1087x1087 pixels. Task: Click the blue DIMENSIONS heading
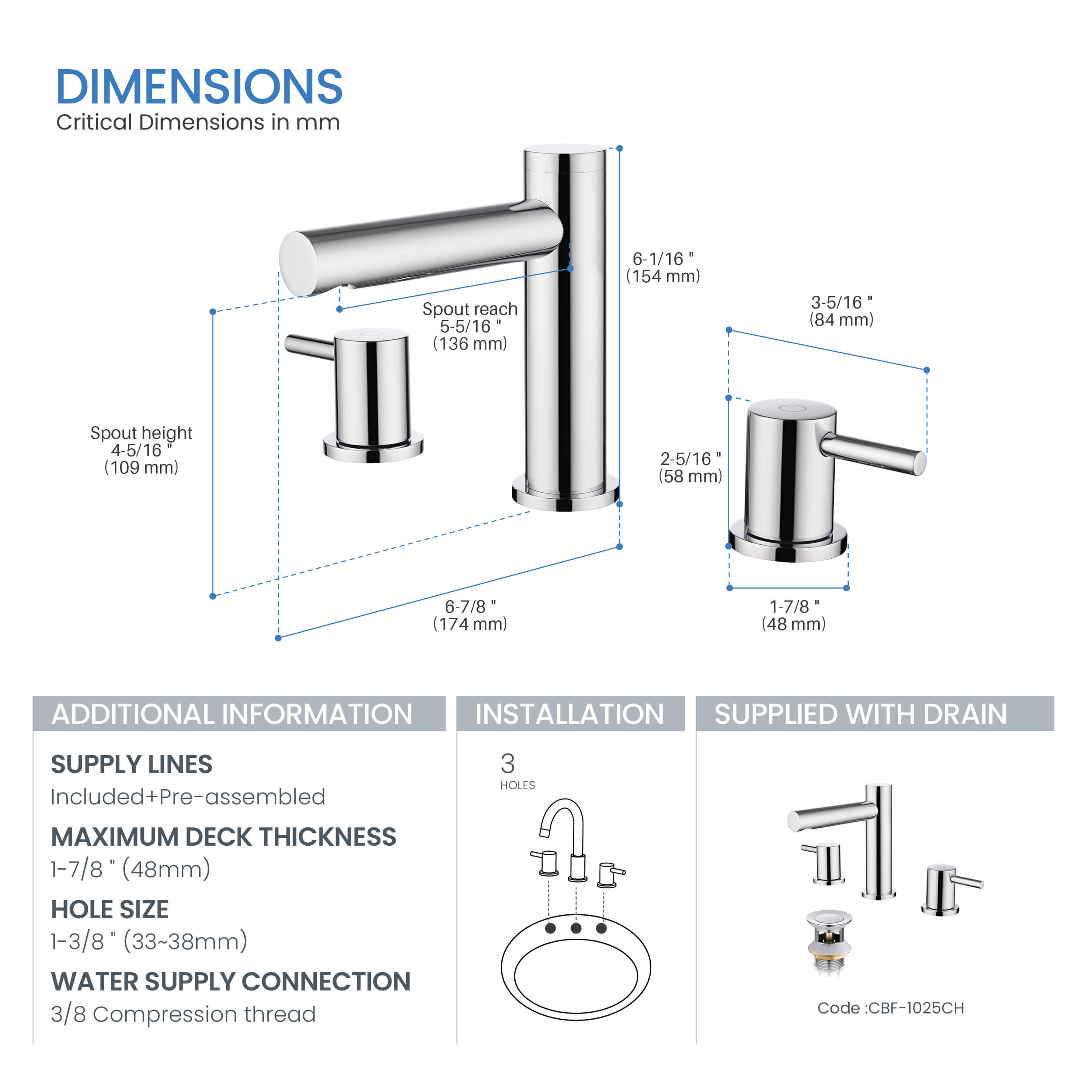coord(199,87)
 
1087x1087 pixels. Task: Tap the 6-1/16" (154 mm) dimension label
coord(663,268)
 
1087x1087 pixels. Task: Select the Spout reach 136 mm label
coord(470,327)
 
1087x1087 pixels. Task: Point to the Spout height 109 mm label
coord(141,450)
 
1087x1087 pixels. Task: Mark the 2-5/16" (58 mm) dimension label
coord(690,467)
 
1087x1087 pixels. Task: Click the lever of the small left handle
coord(308,346)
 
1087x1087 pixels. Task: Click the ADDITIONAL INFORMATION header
coord(232,714)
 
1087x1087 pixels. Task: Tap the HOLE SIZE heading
coord(110,910)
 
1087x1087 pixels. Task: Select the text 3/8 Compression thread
coord(183,1014)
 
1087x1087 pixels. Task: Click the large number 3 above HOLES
coord(507,764)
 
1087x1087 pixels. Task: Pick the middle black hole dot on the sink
coord(576,928)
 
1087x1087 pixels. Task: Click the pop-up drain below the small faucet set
coord(829,941)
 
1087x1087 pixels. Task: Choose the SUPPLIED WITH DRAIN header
coord(860,714)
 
